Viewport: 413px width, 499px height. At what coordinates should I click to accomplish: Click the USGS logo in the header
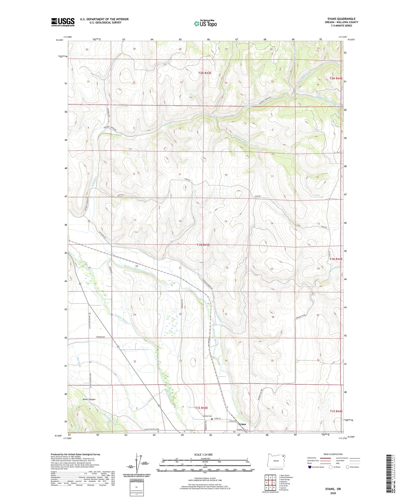coord(63,22)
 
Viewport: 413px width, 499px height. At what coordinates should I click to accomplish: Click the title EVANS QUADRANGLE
coord(341,19)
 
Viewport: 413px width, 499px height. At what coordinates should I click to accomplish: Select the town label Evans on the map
coord(242,424)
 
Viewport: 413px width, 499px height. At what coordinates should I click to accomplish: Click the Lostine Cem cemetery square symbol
coord(212,419)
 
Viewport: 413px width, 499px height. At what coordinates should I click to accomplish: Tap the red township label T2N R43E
coord(205,73)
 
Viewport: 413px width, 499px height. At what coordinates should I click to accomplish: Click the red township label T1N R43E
coord(203,245)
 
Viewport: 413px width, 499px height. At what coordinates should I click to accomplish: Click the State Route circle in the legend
coord(348,467)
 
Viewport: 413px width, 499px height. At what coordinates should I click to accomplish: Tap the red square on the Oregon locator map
coord(283,456)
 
